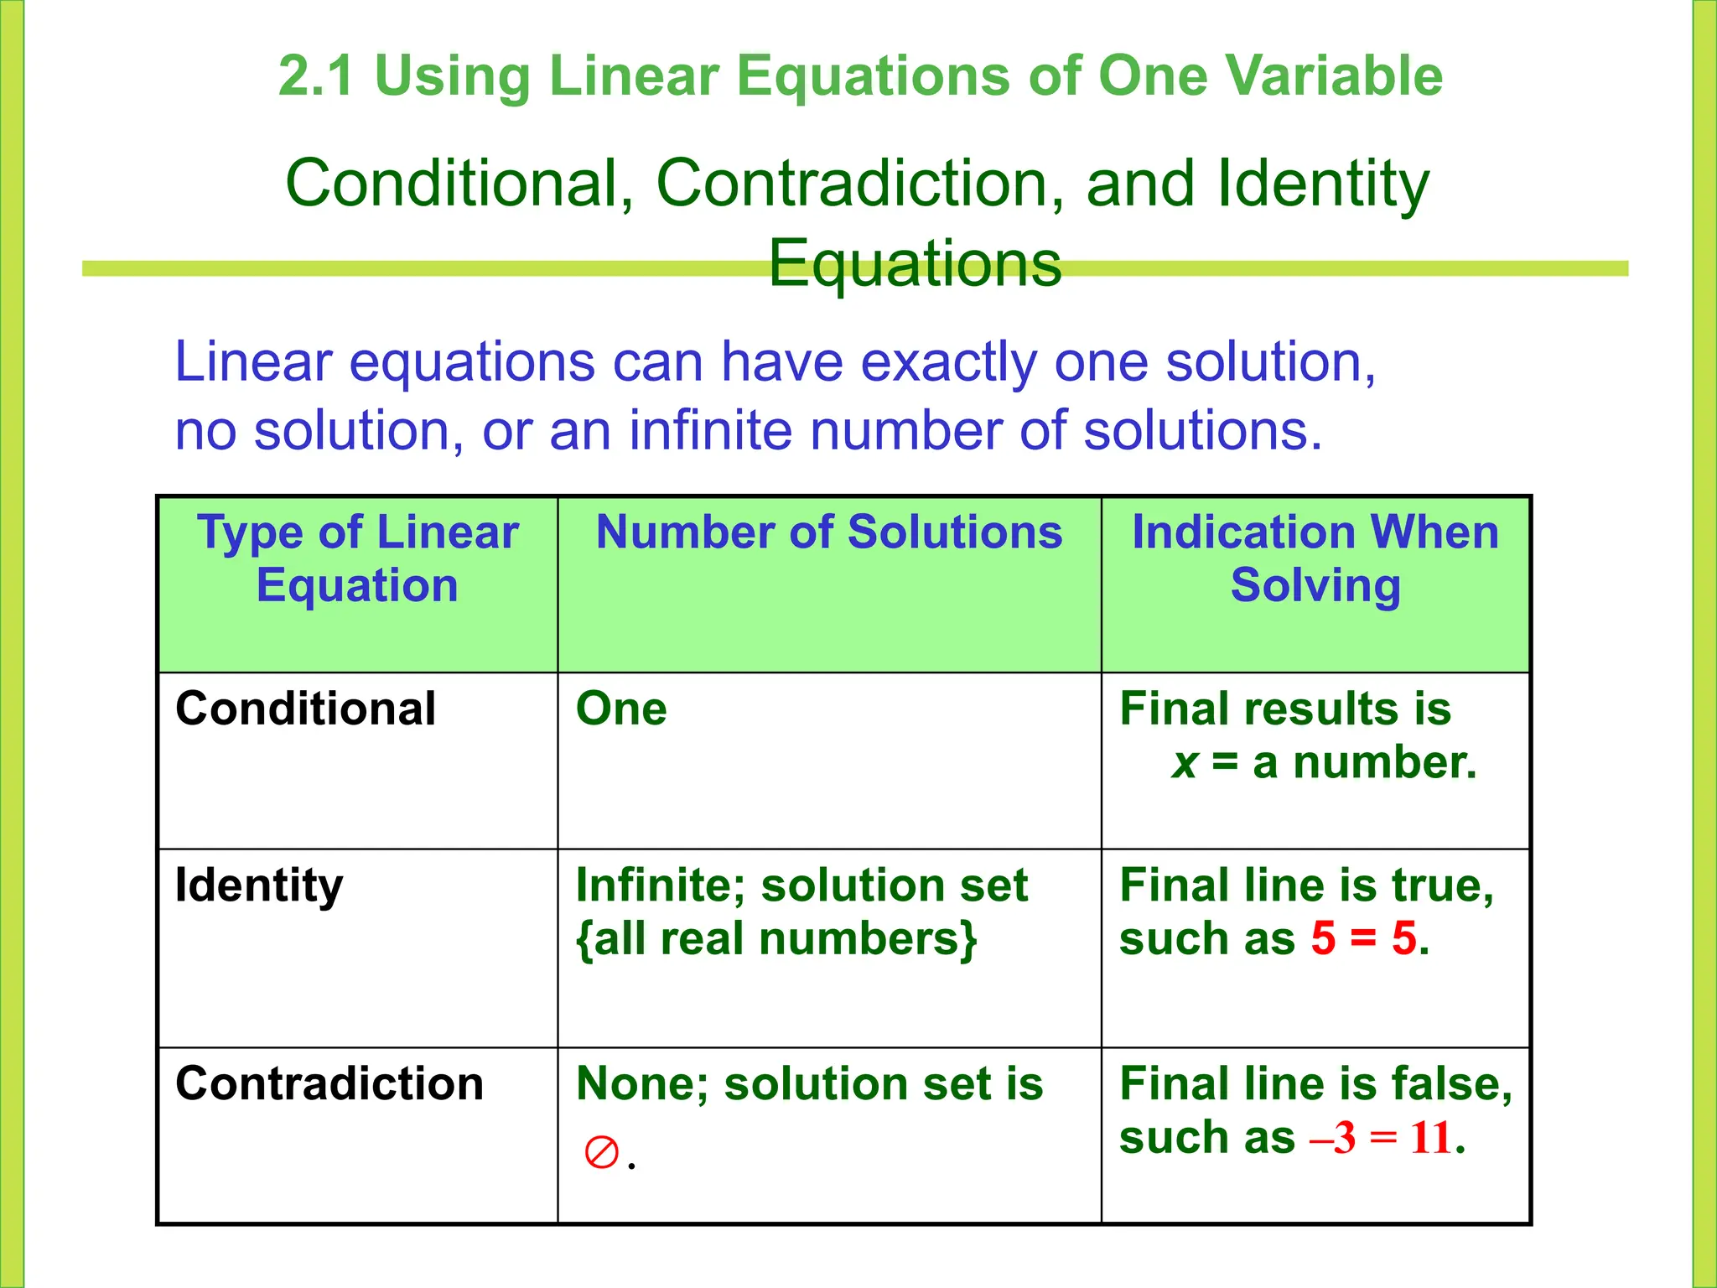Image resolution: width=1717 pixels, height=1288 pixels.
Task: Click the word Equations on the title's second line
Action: (915, 263)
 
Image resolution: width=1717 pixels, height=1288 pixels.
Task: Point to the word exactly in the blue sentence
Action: (948, 362)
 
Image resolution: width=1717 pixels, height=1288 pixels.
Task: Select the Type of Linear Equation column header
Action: (358, 558)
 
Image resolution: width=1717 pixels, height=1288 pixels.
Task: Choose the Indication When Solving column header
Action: (1315, 558)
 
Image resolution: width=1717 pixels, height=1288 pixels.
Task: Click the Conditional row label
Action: (305, 709)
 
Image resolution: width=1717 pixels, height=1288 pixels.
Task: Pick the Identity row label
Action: (259, 885)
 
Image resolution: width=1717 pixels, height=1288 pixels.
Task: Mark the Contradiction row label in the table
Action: (329, 1083)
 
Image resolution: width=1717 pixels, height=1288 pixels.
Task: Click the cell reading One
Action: (621, 709)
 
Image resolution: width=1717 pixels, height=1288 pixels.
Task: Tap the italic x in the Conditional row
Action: (1184, 763)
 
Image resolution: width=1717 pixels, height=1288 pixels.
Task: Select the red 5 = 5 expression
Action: (1363, 938)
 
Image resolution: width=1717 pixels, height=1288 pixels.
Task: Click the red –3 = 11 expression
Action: (1380, 1138)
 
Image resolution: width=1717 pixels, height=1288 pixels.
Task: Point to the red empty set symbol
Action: (601, 1153)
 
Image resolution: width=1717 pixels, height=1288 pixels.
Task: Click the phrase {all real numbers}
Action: (776, 938)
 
